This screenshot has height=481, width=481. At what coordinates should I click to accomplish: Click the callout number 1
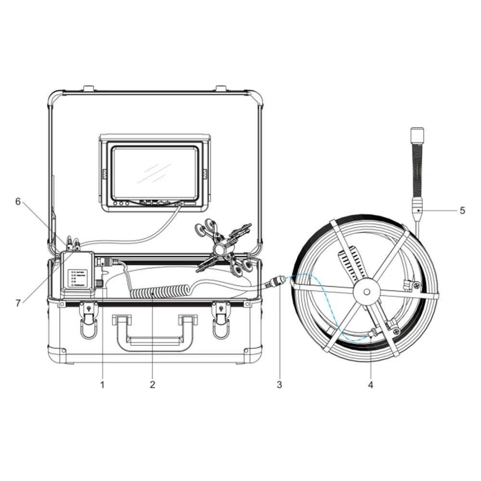tap(102, 384)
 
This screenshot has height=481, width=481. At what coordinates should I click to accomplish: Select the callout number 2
tap(152, 384)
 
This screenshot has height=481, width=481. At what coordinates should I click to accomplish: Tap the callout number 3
tap(279, 384)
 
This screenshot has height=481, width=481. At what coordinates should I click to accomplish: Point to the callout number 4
tap(370, 384)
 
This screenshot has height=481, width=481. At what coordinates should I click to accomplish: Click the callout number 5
tap(462, 210)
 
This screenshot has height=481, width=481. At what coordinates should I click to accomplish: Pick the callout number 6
tap(18, 202)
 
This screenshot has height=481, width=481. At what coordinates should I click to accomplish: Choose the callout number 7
tap(18, 303)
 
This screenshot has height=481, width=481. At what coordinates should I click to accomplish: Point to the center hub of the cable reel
tap(366, 291)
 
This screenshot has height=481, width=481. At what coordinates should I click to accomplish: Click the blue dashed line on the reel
tap(317, 308)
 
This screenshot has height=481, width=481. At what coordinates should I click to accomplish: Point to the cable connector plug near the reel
tap(276, 282)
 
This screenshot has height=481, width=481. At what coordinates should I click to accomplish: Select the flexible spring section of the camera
tap(417, 168)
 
